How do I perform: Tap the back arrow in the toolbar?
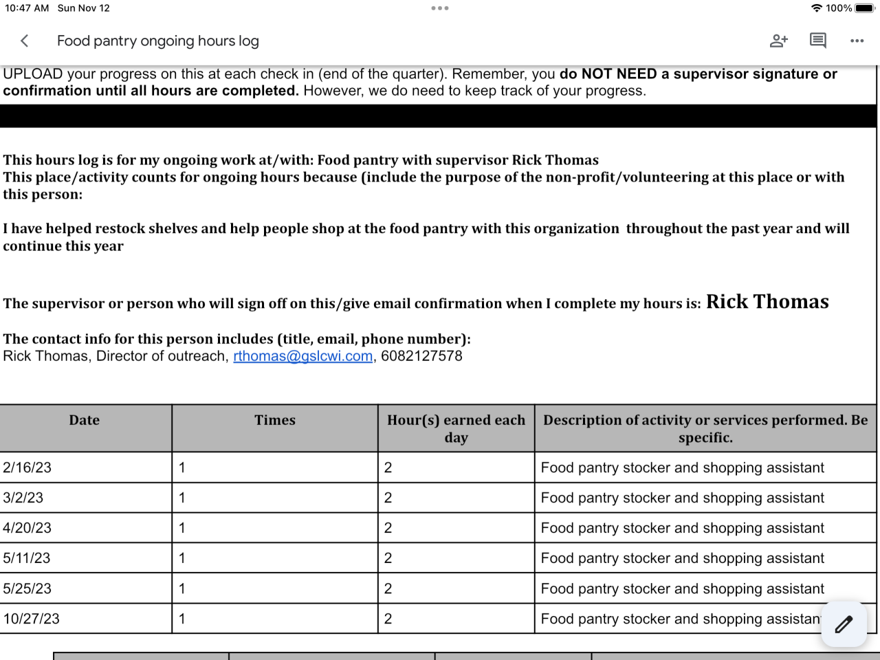(x=25, y=41)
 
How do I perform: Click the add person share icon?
(x=778, y=41)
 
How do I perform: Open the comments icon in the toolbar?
(x=817, y=41)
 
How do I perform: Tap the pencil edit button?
(x=844, y=624)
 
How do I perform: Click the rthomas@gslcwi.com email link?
(x=302, y=356)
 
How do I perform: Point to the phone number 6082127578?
(x=421, y=356)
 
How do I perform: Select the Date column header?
(x=85, y=421)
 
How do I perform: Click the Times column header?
(x=275, y=421)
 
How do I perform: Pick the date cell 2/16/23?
(x=27, y=467)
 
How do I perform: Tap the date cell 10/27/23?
(x=32, y=619)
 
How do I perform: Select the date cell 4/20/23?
(x=27, y=528)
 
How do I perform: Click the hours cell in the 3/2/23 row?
(x=388, y=498)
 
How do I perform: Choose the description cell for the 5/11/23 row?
(x=682, y=558)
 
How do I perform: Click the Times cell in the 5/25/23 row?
(x=182, y=588)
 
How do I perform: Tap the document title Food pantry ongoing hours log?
(x=158, y=41)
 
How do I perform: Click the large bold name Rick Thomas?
(x=767, y=302)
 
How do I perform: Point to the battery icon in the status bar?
(x=864, y=8)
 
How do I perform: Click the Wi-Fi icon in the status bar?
(x=817, y=8)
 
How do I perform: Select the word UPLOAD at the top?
(x=33, y=74)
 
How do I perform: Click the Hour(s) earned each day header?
(x=456, y=428)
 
